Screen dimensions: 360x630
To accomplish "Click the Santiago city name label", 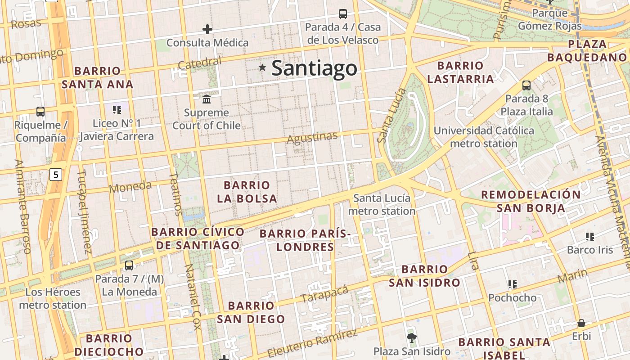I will pyautogui.click(x=314, y=68).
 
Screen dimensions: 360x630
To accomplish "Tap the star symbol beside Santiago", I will pyautogui.click(x=262, y=67).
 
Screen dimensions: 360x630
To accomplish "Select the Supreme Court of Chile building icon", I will pyautogui.click(x=207, y=99).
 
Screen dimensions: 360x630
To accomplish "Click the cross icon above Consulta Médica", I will pyautogui.click(x=207, y=30).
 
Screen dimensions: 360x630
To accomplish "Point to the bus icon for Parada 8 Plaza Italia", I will pyautogui.click(x=526, y=85).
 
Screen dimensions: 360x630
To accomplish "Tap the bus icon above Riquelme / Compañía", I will pyautogui.click(x=40, y=111).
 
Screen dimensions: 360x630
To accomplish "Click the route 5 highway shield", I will pyautogui.click(x=55, y=175).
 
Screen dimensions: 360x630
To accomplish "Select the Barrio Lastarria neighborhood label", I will pyautogui.click(x=460, y=72).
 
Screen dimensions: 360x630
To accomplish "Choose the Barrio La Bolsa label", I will pyautogui.click(x=247, y=192).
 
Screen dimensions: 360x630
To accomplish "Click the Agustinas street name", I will pyautogui.click(x=312, y=138).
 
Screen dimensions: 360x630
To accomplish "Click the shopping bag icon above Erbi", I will pyautogui.click(x=581, y=323).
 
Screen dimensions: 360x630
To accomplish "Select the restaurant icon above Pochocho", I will pyautogui.click(x=512, y=284).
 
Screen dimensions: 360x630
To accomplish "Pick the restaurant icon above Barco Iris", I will pyautogui.click(x=590, y=236).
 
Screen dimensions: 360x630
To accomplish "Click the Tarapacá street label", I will pyautogui.click(x=324, y=294).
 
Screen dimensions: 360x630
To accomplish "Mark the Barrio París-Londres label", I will pyautogui.click(x=305, y=240).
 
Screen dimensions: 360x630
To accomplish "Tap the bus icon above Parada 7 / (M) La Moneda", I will pyautogui.click(x=129, y=265).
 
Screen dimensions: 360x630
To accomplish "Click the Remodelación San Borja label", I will pyautogui.click(x=531, y=201).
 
